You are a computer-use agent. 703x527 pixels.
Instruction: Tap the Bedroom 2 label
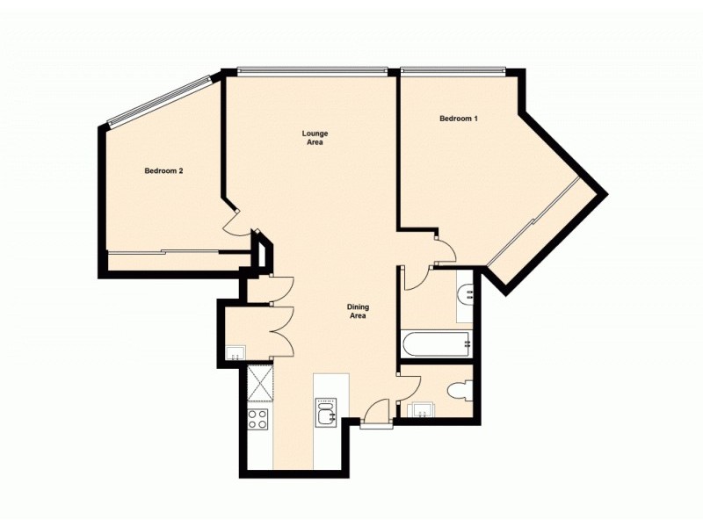pos(163,171)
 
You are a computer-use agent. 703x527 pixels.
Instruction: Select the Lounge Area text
pos(315,138)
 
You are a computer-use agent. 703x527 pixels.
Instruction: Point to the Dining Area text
pos(359,311)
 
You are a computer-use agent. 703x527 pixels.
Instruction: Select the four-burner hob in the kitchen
pos(259,419)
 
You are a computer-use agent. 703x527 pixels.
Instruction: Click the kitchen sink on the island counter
pos(327,411)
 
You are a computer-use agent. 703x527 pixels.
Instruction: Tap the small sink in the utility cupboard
pos(234,353)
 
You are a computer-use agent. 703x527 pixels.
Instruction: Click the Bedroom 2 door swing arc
pos(235,224)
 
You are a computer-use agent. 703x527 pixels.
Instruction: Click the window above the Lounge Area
pos(313,71)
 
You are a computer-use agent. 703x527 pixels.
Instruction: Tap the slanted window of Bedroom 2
pos(158,100)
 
